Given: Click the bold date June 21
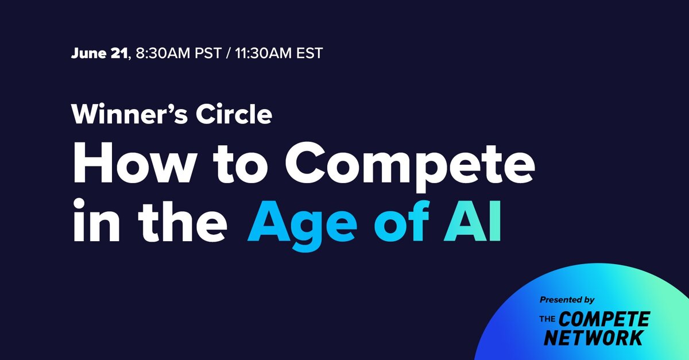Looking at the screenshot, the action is pos(99,53).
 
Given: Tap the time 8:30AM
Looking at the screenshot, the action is pos(163,53).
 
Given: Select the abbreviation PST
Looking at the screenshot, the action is pos(208,53).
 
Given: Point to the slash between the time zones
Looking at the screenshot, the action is pos(229,53).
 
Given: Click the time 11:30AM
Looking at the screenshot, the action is pos(264,53).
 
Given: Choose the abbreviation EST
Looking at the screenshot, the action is pos(309,53).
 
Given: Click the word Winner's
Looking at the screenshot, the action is pos(129,114).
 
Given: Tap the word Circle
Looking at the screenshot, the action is pos(234,114).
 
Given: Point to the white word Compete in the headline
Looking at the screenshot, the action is pos(410,166).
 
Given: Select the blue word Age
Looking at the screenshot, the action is pos(303,226).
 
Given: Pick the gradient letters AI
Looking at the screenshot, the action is pos(473,221).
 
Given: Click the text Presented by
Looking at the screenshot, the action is pos(567,300).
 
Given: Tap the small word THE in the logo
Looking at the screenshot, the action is pos(547,319).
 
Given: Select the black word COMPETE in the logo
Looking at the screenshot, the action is pos(604,319).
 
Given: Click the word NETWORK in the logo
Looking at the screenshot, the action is pos(594,338).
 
